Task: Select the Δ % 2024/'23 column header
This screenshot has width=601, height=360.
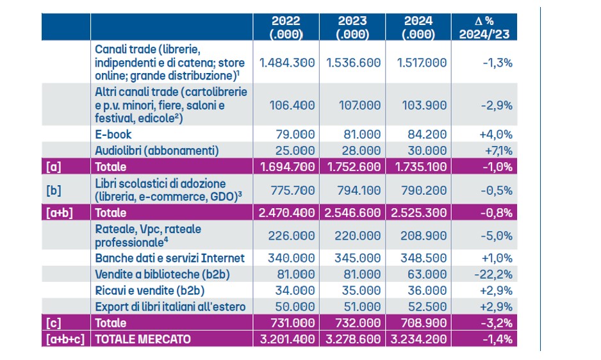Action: (485, 27)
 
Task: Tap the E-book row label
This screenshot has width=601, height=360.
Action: (113, 134)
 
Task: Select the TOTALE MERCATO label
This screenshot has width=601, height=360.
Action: (143, 340)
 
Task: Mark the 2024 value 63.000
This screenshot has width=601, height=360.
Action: (425, 274)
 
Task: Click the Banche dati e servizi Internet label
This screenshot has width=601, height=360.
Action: (170, 258)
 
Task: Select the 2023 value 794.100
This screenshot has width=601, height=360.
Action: (353, 190)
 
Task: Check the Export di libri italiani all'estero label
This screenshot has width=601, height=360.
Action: (170, 306)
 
